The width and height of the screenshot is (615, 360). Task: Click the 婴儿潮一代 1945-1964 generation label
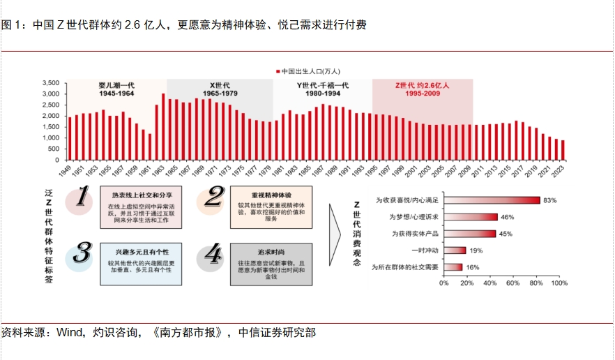pyautogui.click(x=116, y=89)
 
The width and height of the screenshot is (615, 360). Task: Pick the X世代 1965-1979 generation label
pyautogui.click(x=220, y=89)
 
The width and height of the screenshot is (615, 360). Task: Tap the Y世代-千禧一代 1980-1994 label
pyautogui.click(x=322, y=89)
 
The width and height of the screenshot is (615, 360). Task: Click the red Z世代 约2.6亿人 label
pyautogui.click(x=422, y=89)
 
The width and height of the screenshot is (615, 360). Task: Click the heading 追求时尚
pyautogui.click(x=270, y=250)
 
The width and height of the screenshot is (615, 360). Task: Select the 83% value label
pyautogui.click(x=549, y=200)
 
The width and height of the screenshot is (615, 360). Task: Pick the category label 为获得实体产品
pyautogui.click(x=414, y=234)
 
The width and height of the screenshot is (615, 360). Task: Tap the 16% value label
pyautogui.click(x=472, y=267)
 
